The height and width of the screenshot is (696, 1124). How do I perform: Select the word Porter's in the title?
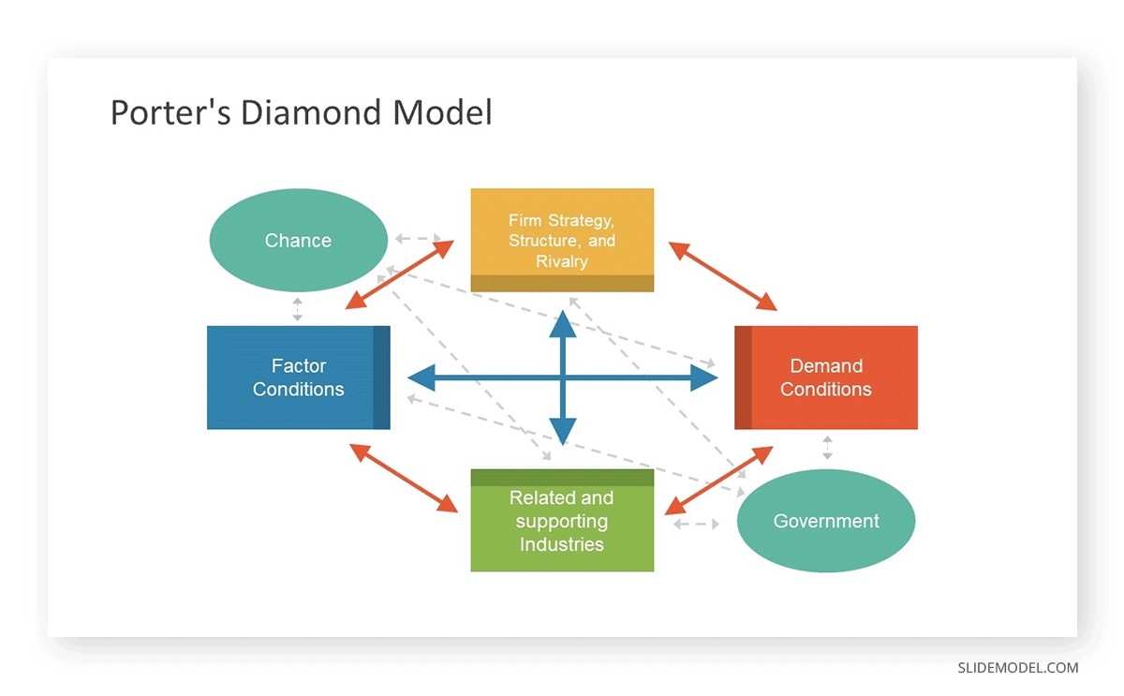[x=170, y=112]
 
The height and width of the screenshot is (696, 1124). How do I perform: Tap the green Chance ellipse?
[x=298, y=241]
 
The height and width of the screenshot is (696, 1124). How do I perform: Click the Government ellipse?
[x=826, y=521]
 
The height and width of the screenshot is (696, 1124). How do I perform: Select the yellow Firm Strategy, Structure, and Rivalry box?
[x=562, y=240]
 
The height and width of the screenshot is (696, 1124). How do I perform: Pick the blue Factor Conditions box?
[x=298, y=378]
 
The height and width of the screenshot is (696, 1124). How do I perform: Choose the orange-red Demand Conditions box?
[x=826, y=378]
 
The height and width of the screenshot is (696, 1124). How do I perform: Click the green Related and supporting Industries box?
[x=562, y=521]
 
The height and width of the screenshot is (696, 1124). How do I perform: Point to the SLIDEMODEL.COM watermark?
[x=1017, y=668]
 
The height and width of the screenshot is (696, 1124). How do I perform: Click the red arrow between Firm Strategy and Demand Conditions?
[x=723, y=276]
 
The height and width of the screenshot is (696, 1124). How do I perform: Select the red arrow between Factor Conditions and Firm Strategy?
[x=400, y=274]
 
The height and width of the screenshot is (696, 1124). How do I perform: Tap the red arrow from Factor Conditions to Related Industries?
[x=404, y=478]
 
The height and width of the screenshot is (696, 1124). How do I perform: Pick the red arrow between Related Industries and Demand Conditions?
[x=718, y=481]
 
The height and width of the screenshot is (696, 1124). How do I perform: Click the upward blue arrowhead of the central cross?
[x=562, y=324]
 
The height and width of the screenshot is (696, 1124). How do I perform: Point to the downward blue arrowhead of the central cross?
[x=562, y=432]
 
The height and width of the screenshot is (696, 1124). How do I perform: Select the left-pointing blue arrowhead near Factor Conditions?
[x=422, y=378]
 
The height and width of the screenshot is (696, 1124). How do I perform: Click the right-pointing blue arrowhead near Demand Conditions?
[x=703, y=378]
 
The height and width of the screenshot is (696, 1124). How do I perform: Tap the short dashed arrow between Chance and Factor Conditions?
[x=298, y=309]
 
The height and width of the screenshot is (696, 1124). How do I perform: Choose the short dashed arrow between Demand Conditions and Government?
[x=826, y=447]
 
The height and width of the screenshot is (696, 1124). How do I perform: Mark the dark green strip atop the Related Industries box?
[x=562, y=478]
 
